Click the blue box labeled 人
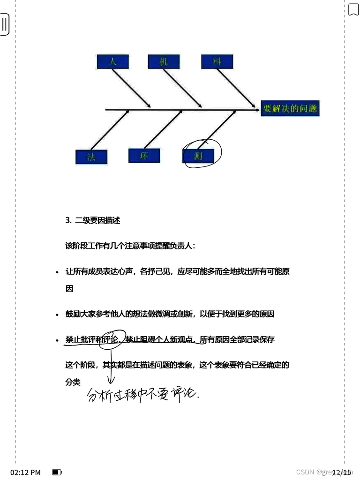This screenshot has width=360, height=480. [112, 62]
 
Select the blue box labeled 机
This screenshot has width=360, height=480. [164, 62]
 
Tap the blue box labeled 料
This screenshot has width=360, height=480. [217, 62]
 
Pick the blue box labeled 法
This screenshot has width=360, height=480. [91, 157]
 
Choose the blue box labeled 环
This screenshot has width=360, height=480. [144, 156]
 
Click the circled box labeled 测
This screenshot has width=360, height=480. [198, 156]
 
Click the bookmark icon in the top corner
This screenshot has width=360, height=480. [353, 9]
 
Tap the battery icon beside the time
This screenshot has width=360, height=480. [57, 472]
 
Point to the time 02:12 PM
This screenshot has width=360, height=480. [25, 472]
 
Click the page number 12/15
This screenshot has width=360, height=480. [341, 472]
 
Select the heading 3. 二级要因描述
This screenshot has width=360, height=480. [93, 220]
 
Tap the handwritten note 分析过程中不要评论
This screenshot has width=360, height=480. [143, 395]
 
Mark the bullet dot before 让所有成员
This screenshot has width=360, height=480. [57, 272]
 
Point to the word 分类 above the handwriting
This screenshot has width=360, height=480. [73, 382]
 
